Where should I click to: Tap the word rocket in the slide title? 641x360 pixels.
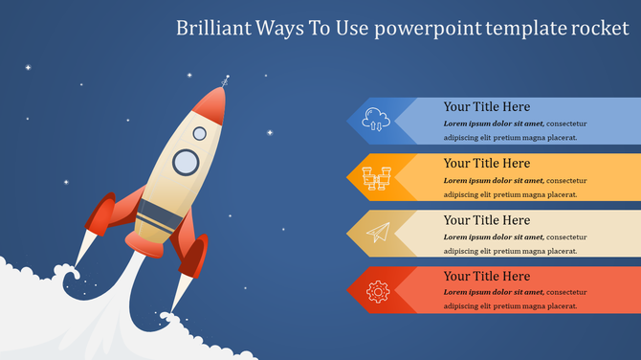(599, 28)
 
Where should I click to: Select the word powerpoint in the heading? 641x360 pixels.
(426, 28)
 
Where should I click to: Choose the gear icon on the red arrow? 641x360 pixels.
(378, 288)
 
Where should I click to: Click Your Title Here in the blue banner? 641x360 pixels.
(486, 106)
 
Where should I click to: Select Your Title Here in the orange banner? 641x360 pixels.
(486, 163)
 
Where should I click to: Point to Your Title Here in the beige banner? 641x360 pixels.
(486, 219)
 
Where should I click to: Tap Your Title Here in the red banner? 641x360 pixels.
(486, 276)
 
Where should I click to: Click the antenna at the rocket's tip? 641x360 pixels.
(225, 82)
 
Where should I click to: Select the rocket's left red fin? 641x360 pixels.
(105, 214)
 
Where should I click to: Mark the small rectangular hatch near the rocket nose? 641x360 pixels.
(199, 133)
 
